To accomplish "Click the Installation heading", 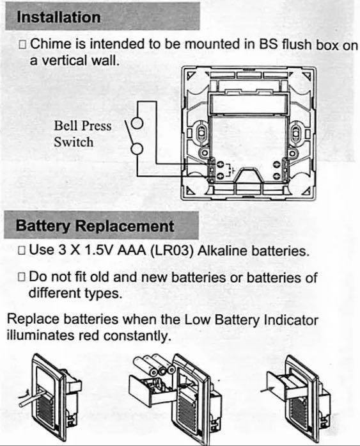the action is pyautogui.click(x=59, y=17).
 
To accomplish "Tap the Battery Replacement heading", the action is pyautogui.click(x=95, y=226).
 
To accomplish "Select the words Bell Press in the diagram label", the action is pyautogui.click(x=82, y=125).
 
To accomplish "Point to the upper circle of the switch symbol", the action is pyautogui.click(x=137, y=123).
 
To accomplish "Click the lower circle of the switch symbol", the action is pyautogui.click(x=137, y=148).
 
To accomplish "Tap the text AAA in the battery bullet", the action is pyautogui.click(x=132, y=250).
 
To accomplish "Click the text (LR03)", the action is pyautogui.click(x=171, y=251).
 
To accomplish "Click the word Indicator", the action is pyautogui.click(x=291, y=320).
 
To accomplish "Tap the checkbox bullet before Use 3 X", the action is pyautogui.click(x=22, y=251).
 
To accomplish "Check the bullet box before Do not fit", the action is pyautogui.click(x=22, y=277).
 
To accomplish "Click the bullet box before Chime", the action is pyautogui.click(x=22, y=44).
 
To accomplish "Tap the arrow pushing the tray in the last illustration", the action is pyautogui.click(x=267, y=390).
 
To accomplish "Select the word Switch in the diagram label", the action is pyautogui.click(x=74, y=142).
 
